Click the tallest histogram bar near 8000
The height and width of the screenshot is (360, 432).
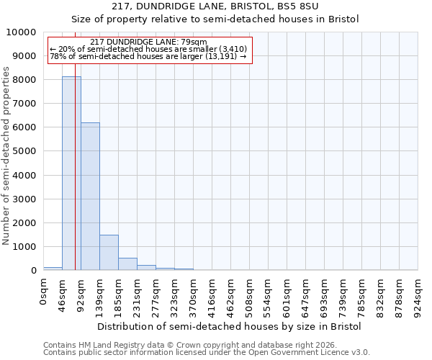(71, 173)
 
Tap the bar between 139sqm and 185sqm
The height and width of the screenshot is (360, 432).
(109, 252)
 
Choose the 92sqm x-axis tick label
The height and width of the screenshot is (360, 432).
(81, 294)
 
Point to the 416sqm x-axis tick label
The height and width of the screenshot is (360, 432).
(212, 296)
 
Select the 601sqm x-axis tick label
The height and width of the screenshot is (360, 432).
(287, 296)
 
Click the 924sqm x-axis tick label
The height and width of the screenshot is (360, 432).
(418, 296)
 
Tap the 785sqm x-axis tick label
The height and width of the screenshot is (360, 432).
(362, 296)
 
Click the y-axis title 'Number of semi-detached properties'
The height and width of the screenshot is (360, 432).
(6, 156)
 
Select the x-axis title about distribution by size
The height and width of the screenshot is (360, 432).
(230, 326)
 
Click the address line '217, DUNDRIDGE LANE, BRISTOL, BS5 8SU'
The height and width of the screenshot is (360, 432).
(230, 6)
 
